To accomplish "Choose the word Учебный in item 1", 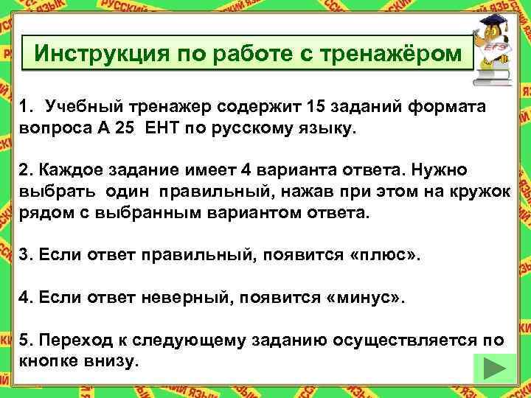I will (x=76, y=108).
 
